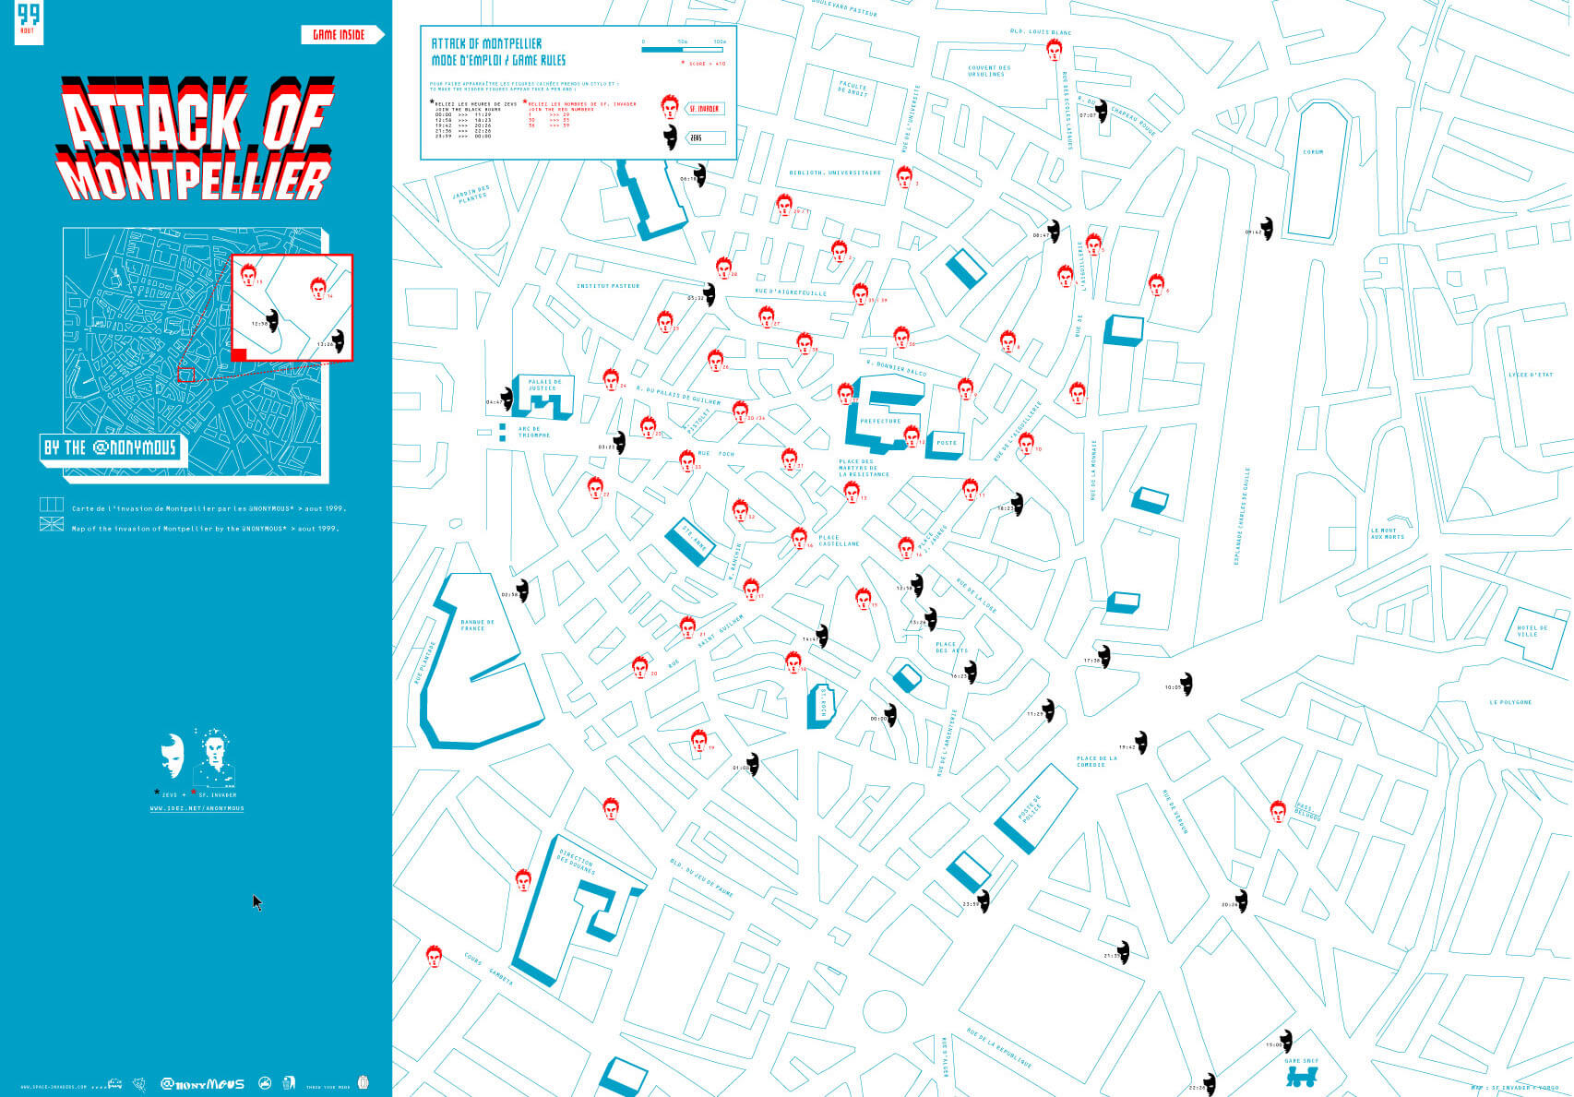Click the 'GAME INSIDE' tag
339,35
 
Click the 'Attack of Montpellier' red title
196,138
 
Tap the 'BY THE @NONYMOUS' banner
110,448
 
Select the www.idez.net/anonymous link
197,808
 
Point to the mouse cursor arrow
257,902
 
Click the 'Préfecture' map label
880,421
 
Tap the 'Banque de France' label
477,625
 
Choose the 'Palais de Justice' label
544,385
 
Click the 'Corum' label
1313,152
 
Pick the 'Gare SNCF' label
1301,1061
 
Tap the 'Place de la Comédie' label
1096,761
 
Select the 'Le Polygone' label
1509,702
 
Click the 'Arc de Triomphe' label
534,432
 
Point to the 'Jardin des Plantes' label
471,194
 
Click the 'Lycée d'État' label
1531,375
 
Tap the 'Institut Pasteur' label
608,286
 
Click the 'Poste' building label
947,443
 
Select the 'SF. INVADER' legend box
705,109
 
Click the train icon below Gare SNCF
1302,1079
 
